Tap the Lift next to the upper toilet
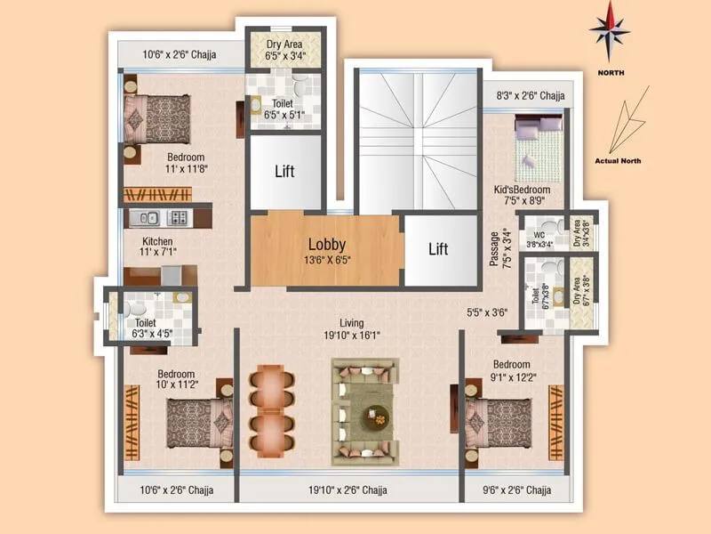[284, 171]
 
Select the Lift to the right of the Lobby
[438, 249]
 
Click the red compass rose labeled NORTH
[610, 29]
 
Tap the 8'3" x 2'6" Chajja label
[530, 95]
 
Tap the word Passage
[495, 249]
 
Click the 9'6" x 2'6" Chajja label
[515, 490]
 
